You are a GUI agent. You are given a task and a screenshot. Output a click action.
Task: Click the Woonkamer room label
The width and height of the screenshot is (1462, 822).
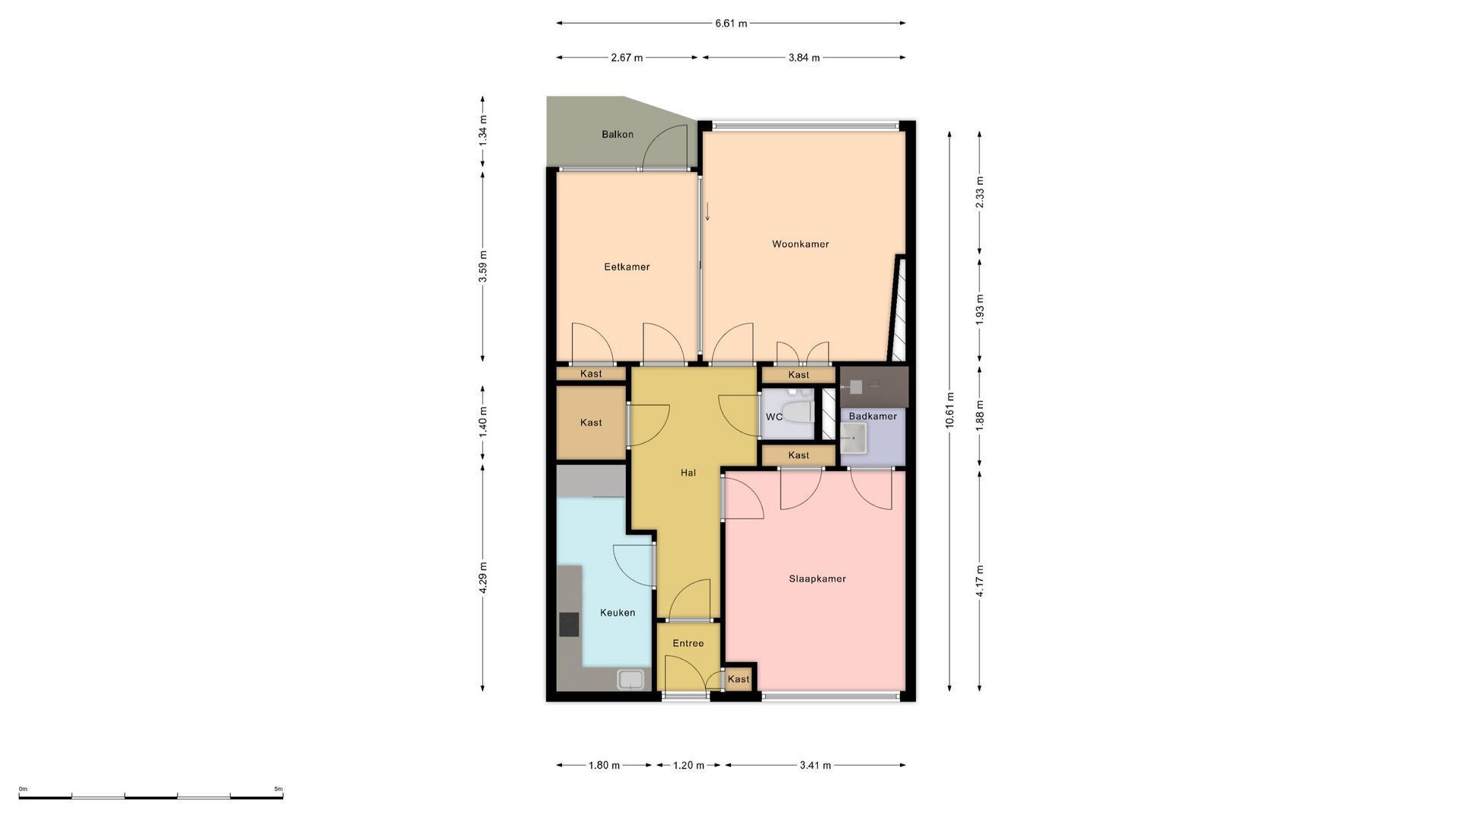pyautogui.click(x=800, y=244)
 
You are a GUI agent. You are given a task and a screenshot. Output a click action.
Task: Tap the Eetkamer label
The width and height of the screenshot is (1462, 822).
pyautogui.click(x=627, y=267)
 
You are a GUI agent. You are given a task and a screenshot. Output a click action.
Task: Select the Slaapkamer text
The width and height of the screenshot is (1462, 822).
pyautogui.click(x=817, y=578)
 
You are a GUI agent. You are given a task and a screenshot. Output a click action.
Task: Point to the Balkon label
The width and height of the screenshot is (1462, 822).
pyautogui.click(x=618, y=135)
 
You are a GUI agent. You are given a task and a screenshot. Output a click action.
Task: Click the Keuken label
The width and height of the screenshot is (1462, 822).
pyautogui.click(x=618, y=613)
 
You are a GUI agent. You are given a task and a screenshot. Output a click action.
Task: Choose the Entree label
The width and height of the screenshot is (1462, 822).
pyautogui.click(x=688, y=643)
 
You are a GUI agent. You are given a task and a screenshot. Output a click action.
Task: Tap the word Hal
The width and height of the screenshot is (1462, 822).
pyautogui.click(x=688, y=473)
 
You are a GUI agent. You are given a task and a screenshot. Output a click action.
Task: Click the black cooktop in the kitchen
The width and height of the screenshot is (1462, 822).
pyautogui.click(x=569, y=624)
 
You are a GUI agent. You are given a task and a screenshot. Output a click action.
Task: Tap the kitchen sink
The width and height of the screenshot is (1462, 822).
pyautogui.click(x=630, y=679)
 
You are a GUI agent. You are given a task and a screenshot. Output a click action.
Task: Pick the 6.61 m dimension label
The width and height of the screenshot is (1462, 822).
pyautogui.click(x=731, y=24)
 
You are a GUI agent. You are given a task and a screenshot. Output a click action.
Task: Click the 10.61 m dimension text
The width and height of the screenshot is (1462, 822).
pyautogui.click(x=950, y=410)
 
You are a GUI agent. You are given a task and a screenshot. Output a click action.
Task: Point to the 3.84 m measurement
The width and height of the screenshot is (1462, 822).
pyautogui.click(x=804, y=58)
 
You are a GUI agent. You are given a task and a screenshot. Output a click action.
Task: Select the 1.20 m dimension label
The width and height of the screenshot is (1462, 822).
pyautogui.click(x=688, y=766)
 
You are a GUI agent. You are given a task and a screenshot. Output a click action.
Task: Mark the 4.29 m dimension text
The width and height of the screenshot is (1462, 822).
pyautogui.click(x=483, y=578)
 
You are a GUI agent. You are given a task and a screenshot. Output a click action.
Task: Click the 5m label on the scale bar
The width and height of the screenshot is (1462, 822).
pyautogui.click(x=279, y=789)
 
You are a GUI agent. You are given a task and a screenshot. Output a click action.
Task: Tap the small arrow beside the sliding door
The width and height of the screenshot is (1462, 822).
pyautogui.click(x=707, y=212)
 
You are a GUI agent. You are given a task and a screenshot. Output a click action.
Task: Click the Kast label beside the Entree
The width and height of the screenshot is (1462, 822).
pyautogui.click(x=739, y=679)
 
